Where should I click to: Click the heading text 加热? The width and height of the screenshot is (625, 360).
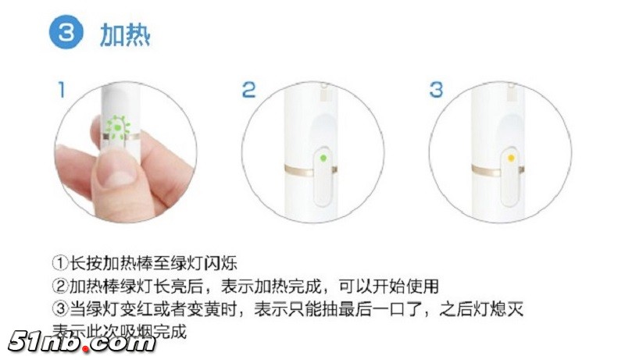point(125,35)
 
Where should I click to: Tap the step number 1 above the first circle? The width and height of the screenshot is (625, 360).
point(60,89)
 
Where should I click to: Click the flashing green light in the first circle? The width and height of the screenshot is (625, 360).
point(119,125)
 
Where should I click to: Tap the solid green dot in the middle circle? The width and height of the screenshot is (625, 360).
point(323,158)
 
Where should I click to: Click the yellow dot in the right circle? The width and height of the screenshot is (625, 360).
point(511,158)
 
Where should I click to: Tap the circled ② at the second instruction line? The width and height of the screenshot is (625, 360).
point(60,286)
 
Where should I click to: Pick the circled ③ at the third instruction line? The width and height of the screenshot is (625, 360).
point(60,309)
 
